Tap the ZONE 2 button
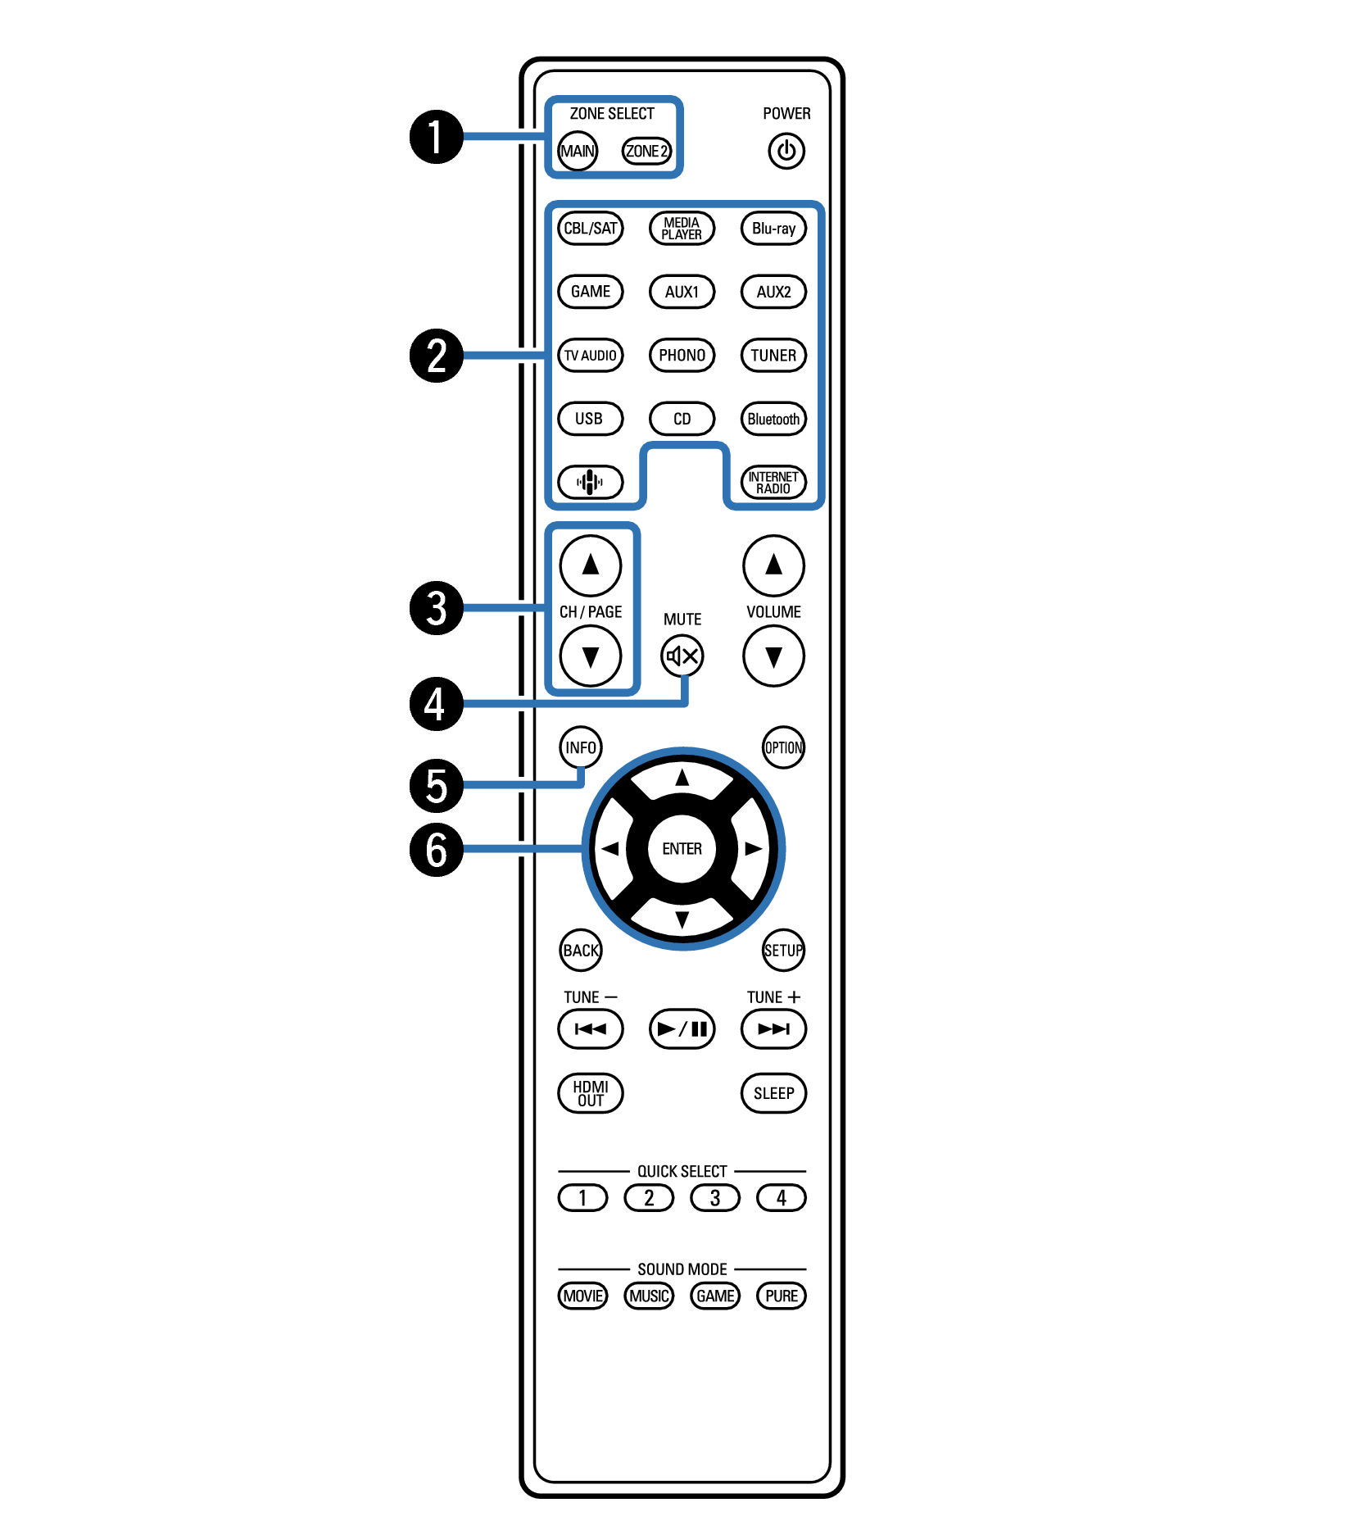(646, 151)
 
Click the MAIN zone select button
(578, 151)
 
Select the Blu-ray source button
(773, 229)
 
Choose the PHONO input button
(682, 355)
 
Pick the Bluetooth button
(773, 419)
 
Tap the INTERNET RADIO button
(773, 482)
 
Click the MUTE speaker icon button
(682, 656)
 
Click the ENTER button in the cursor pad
(682, 849)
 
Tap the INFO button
(581, 747)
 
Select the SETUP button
(783, 951)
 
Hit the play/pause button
(682, 1028)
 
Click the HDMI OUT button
(590, 1093)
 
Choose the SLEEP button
(773, 1093)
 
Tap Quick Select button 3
(715, 1198)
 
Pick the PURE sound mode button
(782, 1296)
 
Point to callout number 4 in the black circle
(437, 704)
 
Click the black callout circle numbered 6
(437, 849)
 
